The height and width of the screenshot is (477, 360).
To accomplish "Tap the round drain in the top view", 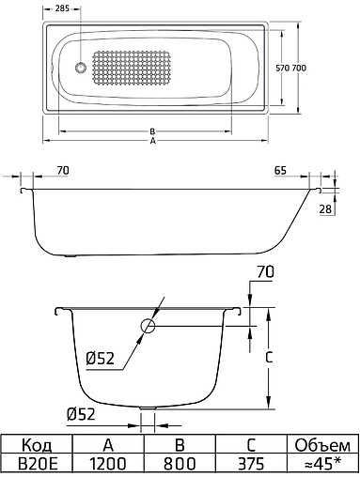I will pos(80,68).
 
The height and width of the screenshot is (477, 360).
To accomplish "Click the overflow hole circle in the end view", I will pos(148,328).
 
